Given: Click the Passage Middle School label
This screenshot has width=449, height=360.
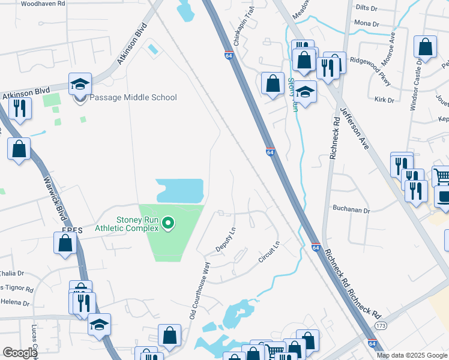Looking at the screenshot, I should coord(133,97).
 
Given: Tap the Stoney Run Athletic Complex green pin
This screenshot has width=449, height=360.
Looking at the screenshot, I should coord(169,224).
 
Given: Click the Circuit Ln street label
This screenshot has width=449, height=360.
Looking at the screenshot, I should coord(268,253).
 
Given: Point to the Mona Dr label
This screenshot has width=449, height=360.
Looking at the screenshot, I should coord(367,24).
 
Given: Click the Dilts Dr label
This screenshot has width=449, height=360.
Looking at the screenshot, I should coord(366,8).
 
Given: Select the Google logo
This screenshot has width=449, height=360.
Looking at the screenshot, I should coord(19,353).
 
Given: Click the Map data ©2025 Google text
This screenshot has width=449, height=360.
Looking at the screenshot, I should coord(412,355).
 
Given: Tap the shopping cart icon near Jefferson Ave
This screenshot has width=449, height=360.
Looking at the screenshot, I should coord(441,176).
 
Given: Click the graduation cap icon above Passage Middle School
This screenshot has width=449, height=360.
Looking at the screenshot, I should coord(79,85).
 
